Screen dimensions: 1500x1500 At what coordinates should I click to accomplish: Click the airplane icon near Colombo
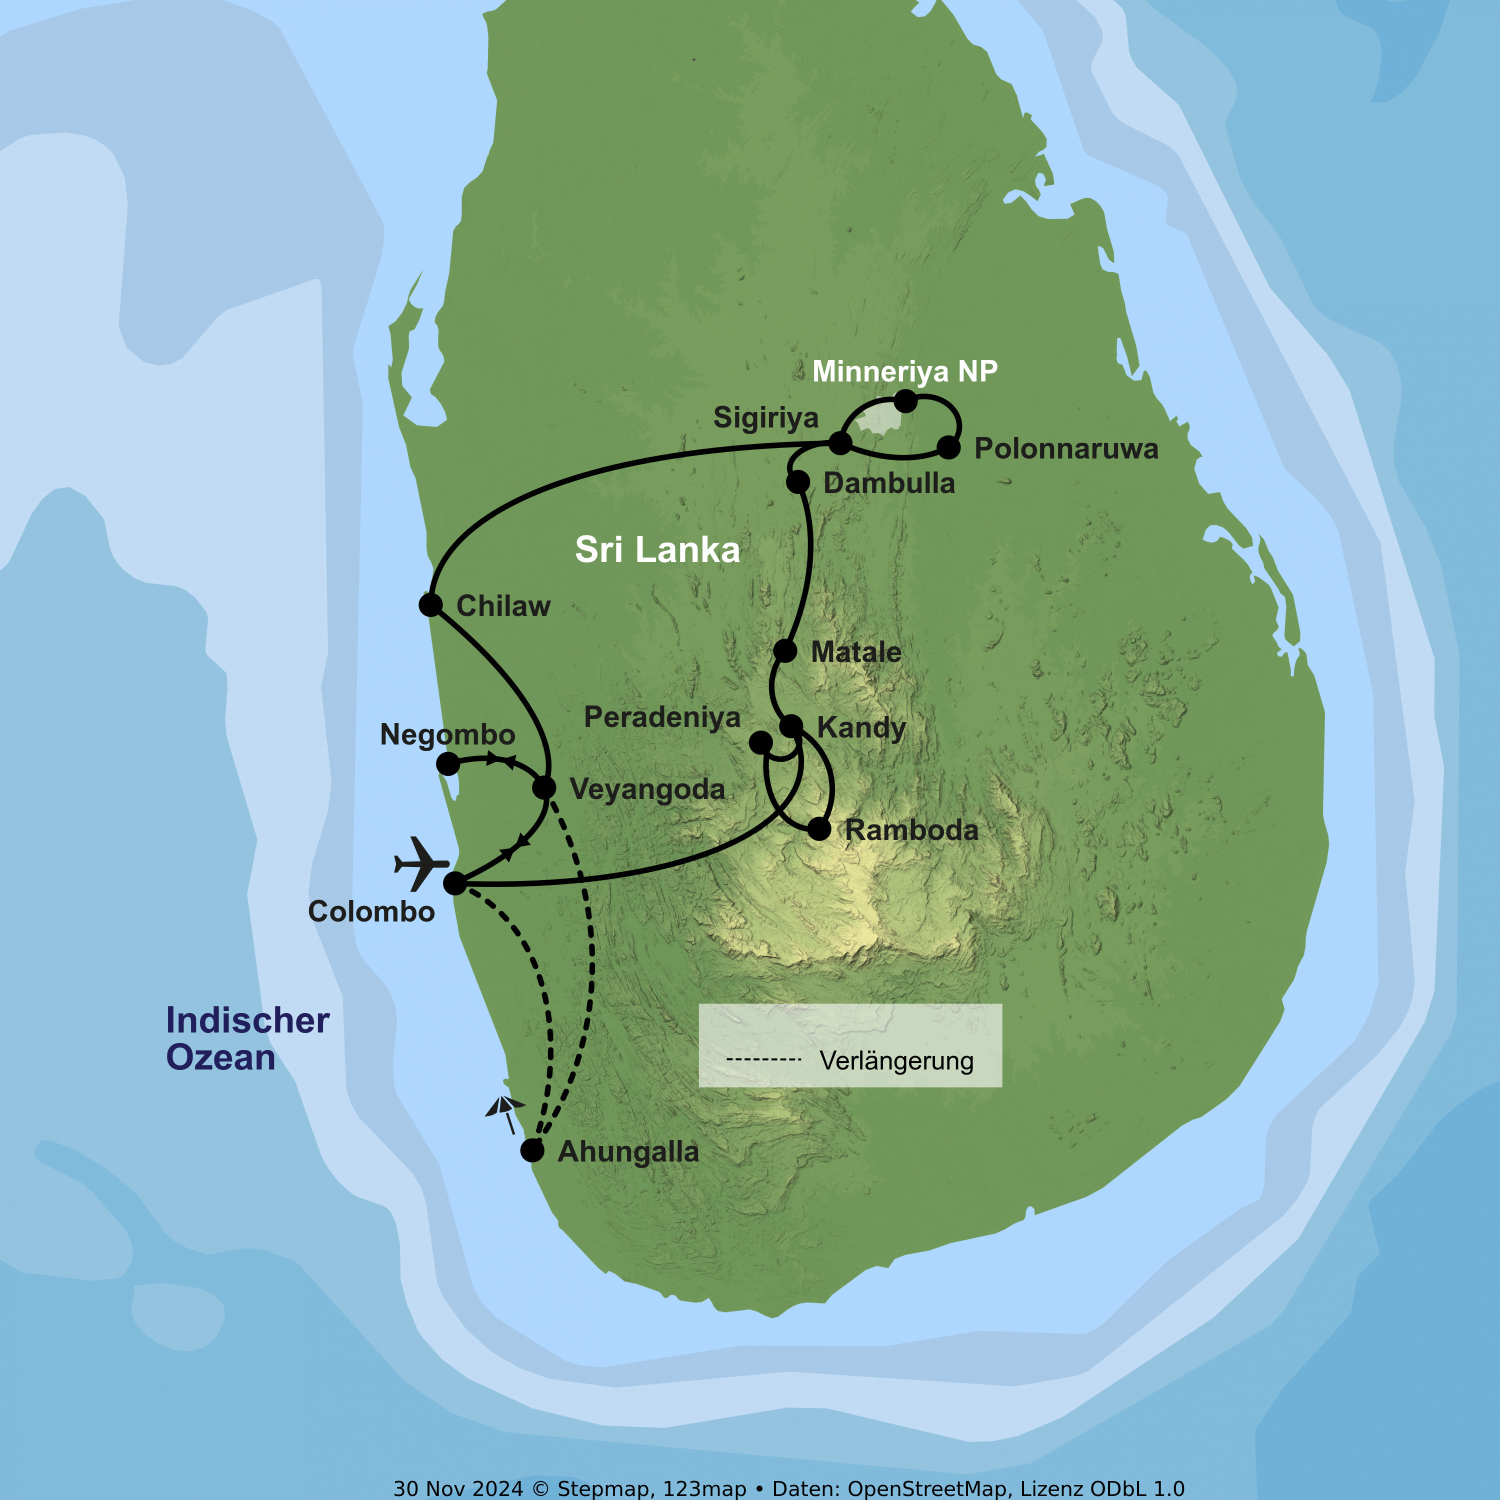[421, 863]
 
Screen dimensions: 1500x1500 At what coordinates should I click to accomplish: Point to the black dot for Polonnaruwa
[949, 448]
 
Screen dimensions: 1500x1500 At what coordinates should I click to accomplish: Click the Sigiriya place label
[765, 417]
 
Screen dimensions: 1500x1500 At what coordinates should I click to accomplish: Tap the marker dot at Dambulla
[798, 482]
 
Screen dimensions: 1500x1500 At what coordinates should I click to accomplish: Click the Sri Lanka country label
[657, 549]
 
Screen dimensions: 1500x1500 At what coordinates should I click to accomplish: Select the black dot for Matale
[785, 650]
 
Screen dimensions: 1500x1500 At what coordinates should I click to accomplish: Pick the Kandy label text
[861, 727]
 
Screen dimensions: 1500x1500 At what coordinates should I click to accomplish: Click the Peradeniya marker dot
[761, 742]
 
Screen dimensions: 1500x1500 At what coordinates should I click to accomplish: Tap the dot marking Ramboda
[819, 829]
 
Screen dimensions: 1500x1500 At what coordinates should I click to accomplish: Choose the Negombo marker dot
[448, 764]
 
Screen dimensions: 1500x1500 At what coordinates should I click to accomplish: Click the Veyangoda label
[646, 789]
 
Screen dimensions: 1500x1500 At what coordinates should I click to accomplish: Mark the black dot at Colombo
[455, 883]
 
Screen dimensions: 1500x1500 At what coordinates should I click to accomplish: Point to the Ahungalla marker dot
[532, 1150]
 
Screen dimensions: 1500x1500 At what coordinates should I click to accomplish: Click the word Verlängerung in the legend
[896, 1060]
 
